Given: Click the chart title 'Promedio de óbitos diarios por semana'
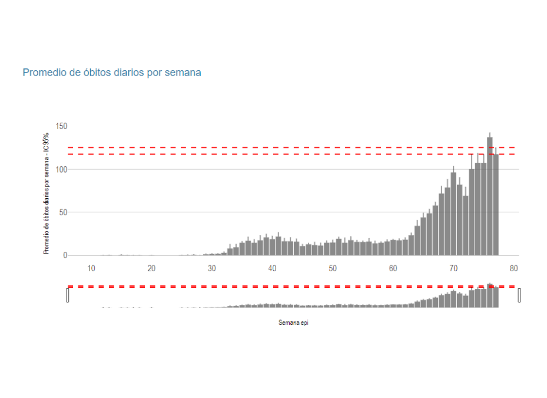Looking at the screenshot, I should pos(112,73).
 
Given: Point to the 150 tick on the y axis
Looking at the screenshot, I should pos(61,126).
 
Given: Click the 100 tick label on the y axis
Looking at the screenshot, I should pos(61,169).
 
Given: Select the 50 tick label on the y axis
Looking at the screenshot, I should pos(63,212).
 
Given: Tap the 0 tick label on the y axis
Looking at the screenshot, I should pos(65,255).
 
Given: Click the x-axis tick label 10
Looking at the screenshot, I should pos(91,268).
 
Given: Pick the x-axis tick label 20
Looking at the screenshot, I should pos(151,268).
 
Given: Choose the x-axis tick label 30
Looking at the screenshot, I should pos(212,268).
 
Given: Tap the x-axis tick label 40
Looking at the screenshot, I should pos(272,268).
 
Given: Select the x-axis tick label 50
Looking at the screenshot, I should pos(333,268).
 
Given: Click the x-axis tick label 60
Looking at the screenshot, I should pos(393,268).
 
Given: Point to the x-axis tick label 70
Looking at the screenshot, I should pos(453,268).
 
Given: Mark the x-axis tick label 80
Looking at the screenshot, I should pos(513,268).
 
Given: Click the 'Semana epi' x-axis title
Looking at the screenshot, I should pos(293,323).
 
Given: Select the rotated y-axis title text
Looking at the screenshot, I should pos(47,193).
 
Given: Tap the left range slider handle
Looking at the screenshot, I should pos(68,295).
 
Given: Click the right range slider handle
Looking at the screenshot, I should pos(519,295).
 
